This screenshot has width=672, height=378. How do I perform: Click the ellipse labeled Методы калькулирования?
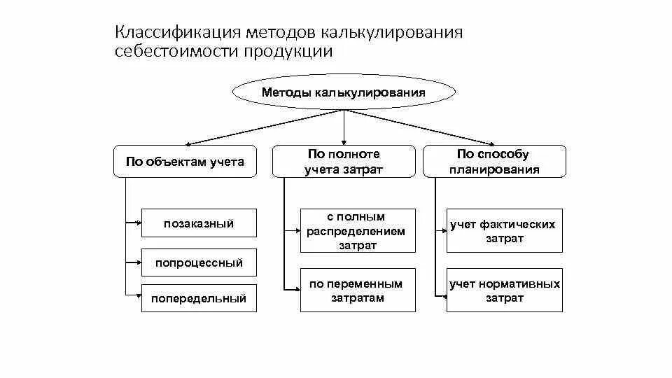343,92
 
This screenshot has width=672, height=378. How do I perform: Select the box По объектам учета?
185,162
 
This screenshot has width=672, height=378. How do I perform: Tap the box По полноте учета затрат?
343,162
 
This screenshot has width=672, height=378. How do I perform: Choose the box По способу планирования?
493,162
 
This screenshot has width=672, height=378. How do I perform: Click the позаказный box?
199,224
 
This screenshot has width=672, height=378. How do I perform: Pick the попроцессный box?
199,263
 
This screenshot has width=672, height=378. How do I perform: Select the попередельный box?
199,298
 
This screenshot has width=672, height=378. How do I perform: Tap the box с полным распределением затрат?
357,230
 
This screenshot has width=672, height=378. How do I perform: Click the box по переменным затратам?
357,290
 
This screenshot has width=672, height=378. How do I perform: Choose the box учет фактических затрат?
504,230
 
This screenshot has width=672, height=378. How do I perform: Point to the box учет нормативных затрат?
504,290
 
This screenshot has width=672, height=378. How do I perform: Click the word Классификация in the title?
175,33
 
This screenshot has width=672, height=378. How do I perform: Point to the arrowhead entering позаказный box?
139,224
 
